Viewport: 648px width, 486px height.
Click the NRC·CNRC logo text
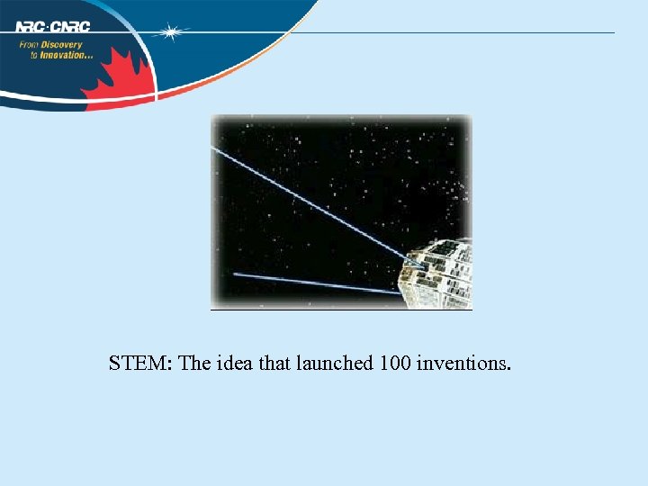tap(53, 26)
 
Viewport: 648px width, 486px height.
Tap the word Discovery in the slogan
tap(62, 44)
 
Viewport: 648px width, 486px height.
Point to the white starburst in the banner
tap(170, 31)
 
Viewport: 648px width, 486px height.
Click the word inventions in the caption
tap(464, 364)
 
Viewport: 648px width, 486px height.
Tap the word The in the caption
tap(195, 364)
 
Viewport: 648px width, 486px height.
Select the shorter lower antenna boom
tap(315, 283)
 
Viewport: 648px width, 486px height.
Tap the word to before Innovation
tap(33, 55)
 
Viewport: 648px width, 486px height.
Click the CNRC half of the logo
tap(71, 26)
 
